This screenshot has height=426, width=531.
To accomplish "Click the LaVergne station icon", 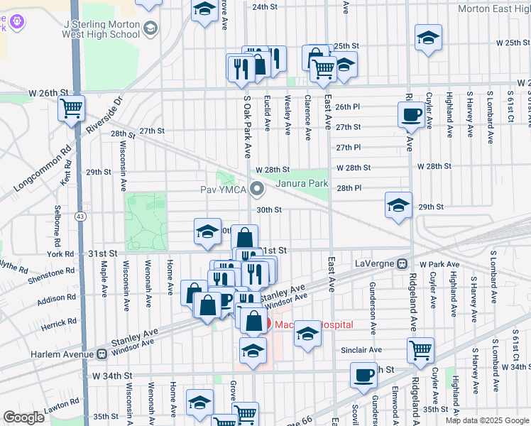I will point(401,263).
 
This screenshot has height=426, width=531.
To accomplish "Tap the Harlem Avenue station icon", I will point(102,353).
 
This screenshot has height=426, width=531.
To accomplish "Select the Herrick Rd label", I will point(59,322).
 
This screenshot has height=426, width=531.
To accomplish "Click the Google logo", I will point(24,417).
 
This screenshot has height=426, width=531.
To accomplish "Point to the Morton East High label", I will point(493,9).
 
